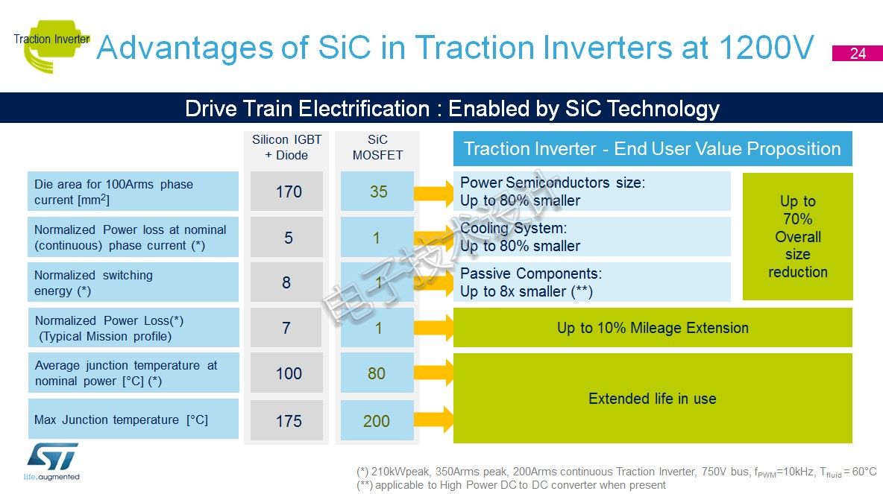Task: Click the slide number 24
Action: point(857,54)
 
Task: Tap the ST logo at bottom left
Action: point(51,461)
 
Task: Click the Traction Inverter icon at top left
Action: point(51,45)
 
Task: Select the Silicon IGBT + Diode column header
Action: point(286,148)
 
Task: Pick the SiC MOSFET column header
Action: point(377,148)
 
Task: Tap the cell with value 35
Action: point(377,191)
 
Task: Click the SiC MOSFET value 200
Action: point(377,420)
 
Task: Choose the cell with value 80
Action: point(377,373)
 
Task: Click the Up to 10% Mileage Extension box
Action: point(653,327)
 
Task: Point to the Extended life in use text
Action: point(652,399)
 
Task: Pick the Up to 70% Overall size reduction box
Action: point(797,236)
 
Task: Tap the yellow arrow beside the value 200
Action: point(433,419)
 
